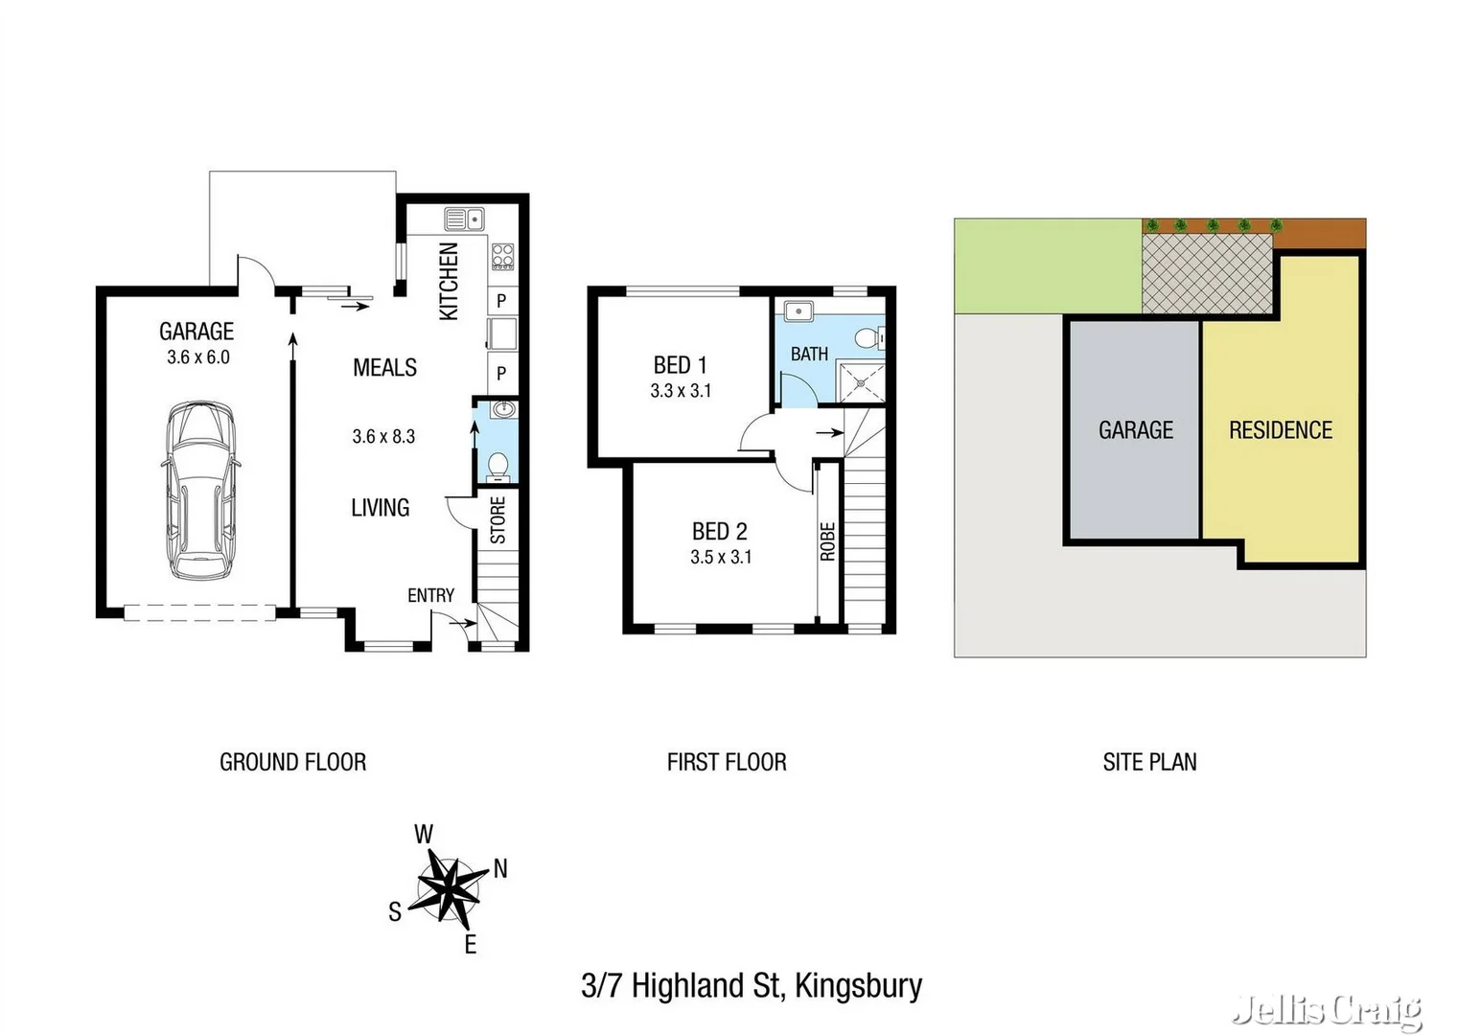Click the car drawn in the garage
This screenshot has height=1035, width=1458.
click(x=200, y=491)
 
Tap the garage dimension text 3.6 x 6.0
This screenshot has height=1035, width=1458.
click(x=197, y=357)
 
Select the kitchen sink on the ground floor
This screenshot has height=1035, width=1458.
click(x=463, y=219)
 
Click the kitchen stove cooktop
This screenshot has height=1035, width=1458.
click(x=502, y=256)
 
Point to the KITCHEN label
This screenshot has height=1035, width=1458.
click(x=449, y=281)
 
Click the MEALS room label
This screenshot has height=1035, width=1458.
click(x=384, y=368)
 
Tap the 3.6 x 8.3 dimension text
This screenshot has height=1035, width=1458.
click(x=383, y=437)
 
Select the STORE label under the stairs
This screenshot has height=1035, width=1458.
click(x=498, y=520)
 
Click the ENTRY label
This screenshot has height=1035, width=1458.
click(x=430, y=595)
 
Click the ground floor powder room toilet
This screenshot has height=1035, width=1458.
click(x=498, y=467)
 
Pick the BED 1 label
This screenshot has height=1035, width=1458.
click(x=680, y=365)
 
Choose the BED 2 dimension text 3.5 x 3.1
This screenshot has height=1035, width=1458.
click(x=721, y=557)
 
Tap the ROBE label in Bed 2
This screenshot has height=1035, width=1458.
click(x=828, y=541)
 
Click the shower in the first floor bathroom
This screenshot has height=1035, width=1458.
click(x=861, y=382)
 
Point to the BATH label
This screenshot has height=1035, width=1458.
click(x=809, y=355)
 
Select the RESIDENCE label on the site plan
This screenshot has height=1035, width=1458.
click(x=1281, y=430)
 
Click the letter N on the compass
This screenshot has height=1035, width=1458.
click(x=500, y=869)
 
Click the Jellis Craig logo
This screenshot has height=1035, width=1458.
click(x=1329, y=1010)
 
